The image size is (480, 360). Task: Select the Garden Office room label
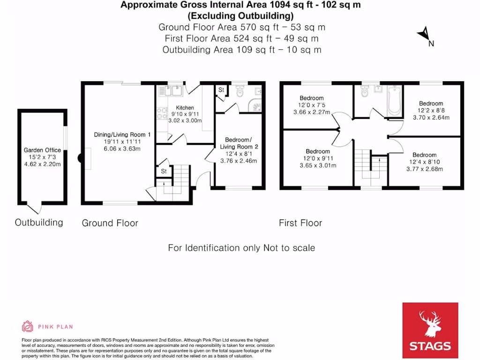[42, 150]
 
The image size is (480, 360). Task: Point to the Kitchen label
[185, 108]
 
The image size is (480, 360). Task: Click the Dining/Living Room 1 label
[122, 135]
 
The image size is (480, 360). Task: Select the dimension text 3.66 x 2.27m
[311, 112]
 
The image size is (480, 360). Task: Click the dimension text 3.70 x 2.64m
[431, 117]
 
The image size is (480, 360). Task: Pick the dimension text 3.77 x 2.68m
[424, 169]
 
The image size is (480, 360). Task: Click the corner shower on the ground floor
[255, 107]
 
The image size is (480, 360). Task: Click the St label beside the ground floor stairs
[164, 172]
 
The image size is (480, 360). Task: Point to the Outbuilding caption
[39, 222]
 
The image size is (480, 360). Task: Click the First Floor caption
[300, 223]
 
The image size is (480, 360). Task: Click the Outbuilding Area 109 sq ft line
[241, 50]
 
